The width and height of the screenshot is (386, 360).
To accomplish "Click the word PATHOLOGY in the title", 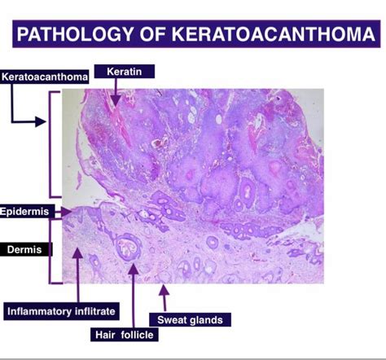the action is tap(75, 34).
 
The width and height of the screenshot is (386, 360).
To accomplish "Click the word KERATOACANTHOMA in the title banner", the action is tap(274, 34).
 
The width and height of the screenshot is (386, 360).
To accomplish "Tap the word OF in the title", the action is tap(152, 34).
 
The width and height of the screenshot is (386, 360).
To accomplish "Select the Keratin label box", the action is tap(125, 72).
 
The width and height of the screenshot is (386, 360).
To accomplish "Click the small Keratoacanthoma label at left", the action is tap(44, 77).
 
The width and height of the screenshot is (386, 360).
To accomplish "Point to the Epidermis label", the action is tap(24, 211).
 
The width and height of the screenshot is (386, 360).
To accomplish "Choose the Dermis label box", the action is tap(25, 249).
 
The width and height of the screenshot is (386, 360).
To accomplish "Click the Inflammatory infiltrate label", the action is tap(61, 311).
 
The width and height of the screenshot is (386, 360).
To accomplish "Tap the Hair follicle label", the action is tap(125, 335).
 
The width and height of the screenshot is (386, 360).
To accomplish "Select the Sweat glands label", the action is tap(190, 319).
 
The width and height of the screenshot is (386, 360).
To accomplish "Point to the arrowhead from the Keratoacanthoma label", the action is tap(41, 121).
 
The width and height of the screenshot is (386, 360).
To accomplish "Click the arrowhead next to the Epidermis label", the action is tap(66, 212).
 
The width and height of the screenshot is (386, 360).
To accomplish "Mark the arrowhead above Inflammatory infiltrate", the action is tap(78, 253).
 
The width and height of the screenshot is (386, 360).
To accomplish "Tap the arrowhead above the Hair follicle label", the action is tap(133, 269).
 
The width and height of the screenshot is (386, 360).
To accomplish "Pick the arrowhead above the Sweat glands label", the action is tap(164, 290).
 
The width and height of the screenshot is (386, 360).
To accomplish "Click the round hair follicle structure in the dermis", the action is tap(128, 246).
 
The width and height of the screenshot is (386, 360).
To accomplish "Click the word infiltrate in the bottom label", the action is tap(95, 311).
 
